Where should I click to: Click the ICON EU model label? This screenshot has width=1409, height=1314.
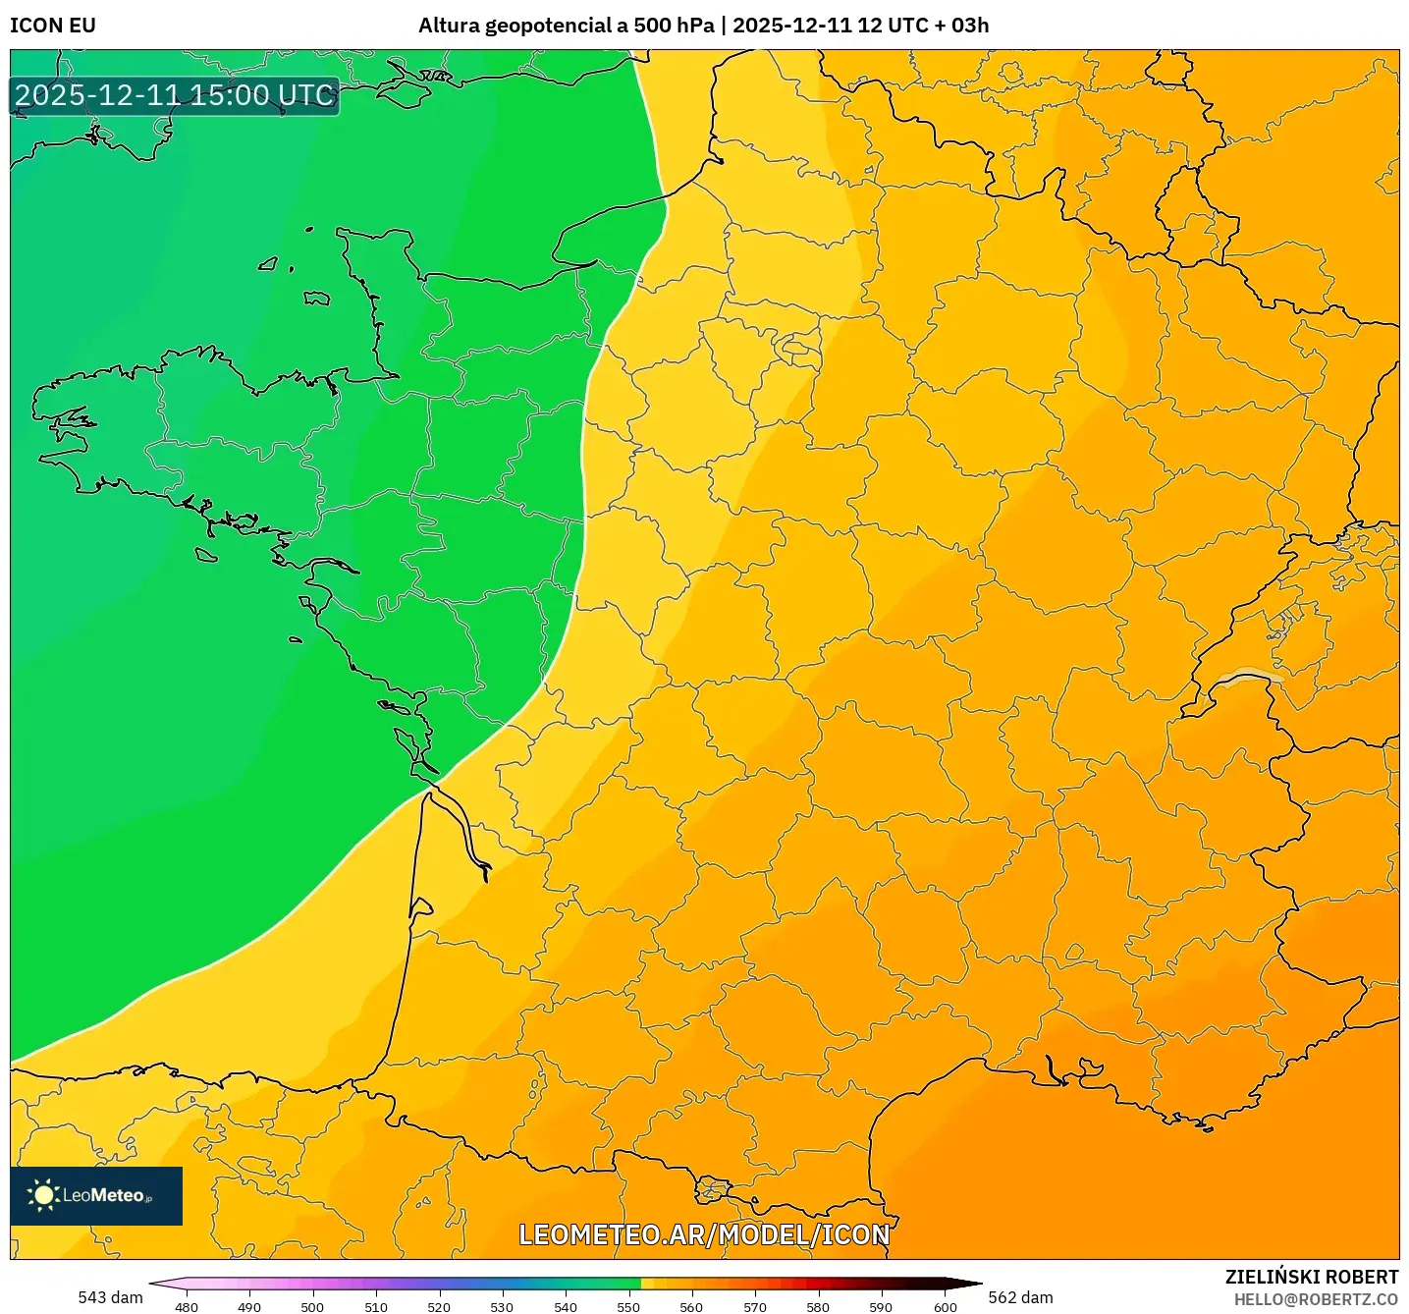coord(53,26)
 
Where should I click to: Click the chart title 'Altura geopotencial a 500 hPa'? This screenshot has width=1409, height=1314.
coord(566,26)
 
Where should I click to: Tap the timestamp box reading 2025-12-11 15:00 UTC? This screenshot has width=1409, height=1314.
coord(175,96)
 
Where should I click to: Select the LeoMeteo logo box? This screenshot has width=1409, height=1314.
coord(96,1195)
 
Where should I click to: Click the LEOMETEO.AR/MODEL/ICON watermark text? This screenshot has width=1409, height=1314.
coord(704,1234)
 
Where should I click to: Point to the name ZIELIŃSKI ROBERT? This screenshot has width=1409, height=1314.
coord(1311,1277)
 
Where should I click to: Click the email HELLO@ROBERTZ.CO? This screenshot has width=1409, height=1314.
coord(1316,1299)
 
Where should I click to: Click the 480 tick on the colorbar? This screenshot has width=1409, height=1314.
coord(186,1306)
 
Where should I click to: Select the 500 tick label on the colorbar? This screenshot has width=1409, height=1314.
coord(312,1306)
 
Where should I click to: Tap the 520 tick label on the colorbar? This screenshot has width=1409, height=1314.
coord(439,1306)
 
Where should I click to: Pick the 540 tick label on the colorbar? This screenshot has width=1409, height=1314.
coord(566,1306)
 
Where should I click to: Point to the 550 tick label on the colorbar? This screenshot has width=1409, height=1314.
coord(628,1306)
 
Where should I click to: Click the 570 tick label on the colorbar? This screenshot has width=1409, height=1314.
coord(755,1306)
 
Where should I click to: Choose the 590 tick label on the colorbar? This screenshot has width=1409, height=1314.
coord(881,1306)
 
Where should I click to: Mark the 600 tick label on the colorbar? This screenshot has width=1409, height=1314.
coord(945,1306)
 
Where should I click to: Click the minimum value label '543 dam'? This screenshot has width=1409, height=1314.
coord(110,1297)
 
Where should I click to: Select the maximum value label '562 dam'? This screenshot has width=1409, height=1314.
coord(1020,1297)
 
